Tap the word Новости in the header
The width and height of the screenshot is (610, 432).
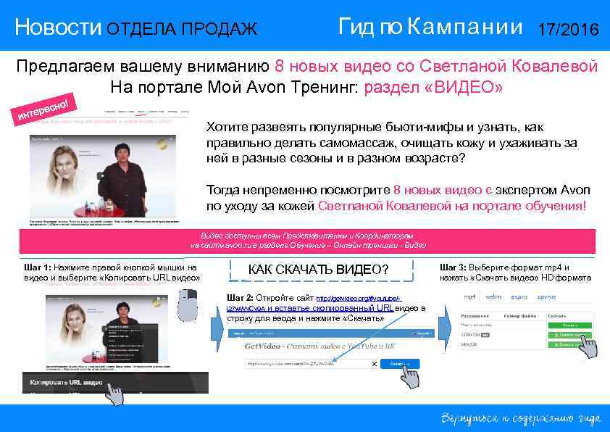click(59, 28)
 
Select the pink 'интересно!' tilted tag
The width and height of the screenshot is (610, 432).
click(44, 107)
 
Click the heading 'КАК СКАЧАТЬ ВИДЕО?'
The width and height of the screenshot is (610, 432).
click(318, 270)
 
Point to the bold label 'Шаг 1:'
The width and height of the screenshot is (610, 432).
click(38, 267)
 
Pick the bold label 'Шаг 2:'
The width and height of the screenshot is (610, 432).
click(240, 298)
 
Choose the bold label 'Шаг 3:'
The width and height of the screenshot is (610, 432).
click(454, 267)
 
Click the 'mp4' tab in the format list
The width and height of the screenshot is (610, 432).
click(470, 297)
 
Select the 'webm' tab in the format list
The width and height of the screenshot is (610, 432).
click(493, 297)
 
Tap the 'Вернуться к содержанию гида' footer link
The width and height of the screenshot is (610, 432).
click(521, 418)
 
